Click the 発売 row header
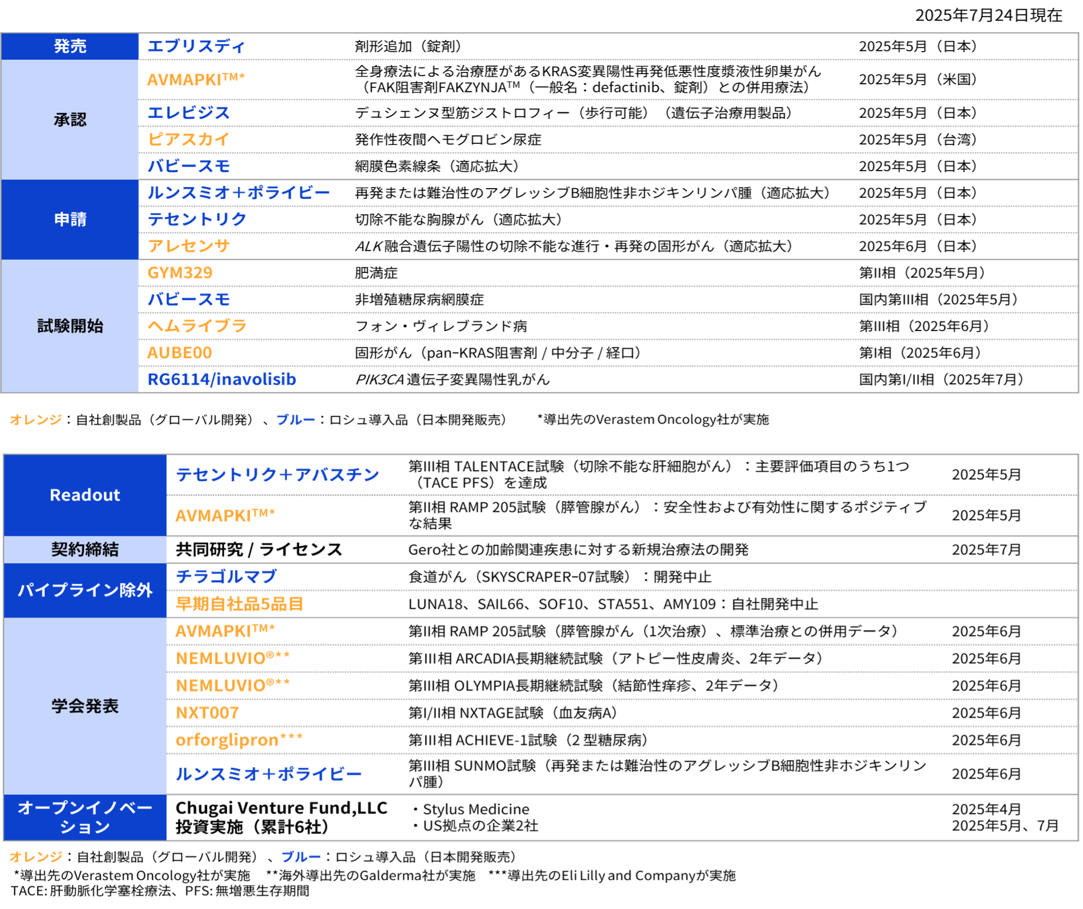[x=70, y=46]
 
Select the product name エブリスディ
[x=196, y=46]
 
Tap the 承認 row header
[x=70, y=120]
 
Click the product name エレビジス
[x=188, y=113]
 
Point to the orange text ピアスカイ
[x=188, y=139]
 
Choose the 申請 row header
[x=70, y=219]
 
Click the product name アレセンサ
[x=188, y=246]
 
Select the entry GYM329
[x=179, y=273]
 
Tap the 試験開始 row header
[x=70, y=326]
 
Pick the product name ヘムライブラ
[x=196, y=326]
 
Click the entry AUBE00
[x=179, y=353]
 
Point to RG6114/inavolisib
[x=222, y=380]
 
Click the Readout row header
[x=85, y=495]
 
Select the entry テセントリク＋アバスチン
[x=277, y=475]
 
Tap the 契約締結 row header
[x=85, y=549]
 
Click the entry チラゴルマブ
[x=227, y=576]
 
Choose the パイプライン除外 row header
[x=85, y=590]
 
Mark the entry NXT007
[x=208, y=713]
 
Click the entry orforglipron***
[x=239, y=740]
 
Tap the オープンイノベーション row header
[x=85, y=817]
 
